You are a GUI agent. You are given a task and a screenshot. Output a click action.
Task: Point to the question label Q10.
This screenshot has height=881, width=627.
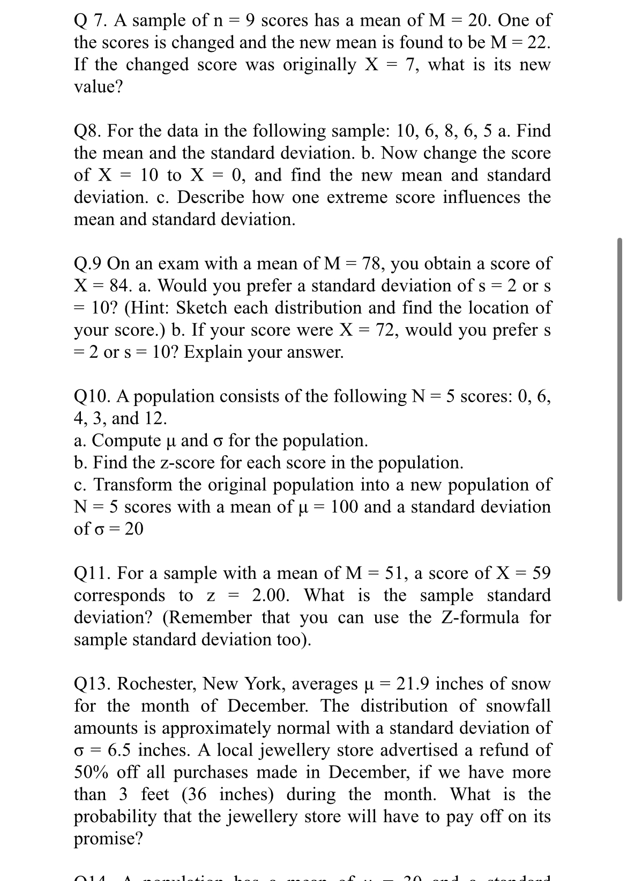click(91, 396)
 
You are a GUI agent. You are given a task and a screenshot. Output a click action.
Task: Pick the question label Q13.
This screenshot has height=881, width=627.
click(92, 684)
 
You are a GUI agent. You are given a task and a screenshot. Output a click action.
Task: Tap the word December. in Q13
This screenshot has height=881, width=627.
click(268, 706)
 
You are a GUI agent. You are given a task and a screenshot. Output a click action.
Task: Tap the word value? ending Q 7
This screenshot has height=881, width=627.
click(98, 87)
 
